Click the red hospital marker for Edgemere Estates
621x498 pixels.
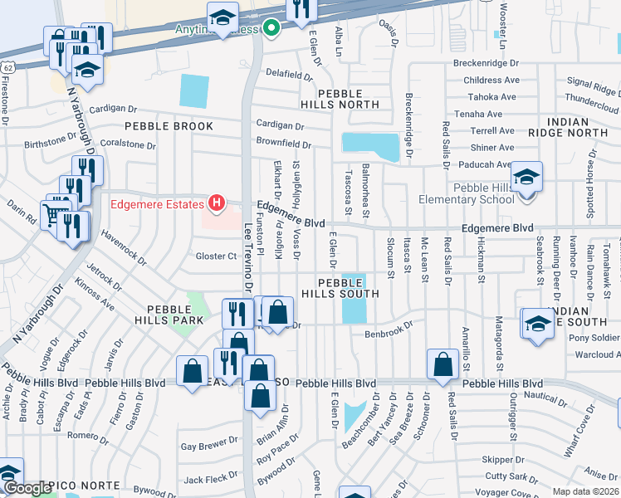pyautogui.click(x=218, y=203)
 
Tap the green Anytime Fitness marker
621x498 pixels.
pyautogui.click(x=271, y=29)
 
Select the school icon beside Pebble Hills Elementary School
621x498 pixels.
pyautogui.click(x=526, y=178)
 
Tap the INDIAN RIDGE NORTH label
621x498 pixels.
pyautogui.click(x=579, y=127)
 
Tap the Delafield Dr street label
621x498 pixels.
pyautogui.click(x=289, y=74)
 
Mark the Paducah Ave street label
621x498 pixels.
pyautogui.click(x=492, y=164)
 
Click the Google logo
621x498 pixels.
pyautogui.click(x=27, y=488)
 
